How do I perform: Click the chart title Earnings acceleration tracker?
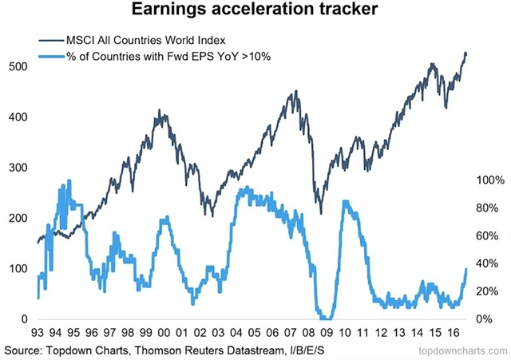click(255, 13)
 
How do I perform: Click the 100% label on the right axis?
click(490, 180)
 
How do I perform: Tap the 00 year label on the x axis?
click(164, 334)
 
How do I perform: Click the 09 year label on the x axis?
click(326, 334)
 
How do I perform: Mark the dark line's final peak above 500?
click(465, 53)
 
